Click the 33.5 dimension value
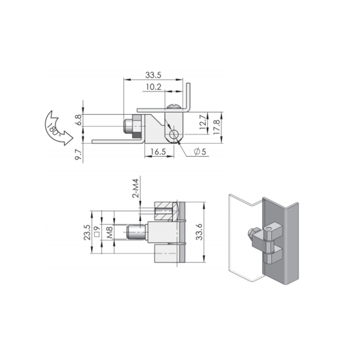point(153,75)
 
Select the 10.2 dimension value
point(154,87)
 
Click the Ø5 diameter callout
point(199,152)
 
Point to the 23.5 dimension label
point(86,232)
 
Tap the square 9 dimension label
point(96,232)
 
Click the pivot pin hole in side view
point(174,135)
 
